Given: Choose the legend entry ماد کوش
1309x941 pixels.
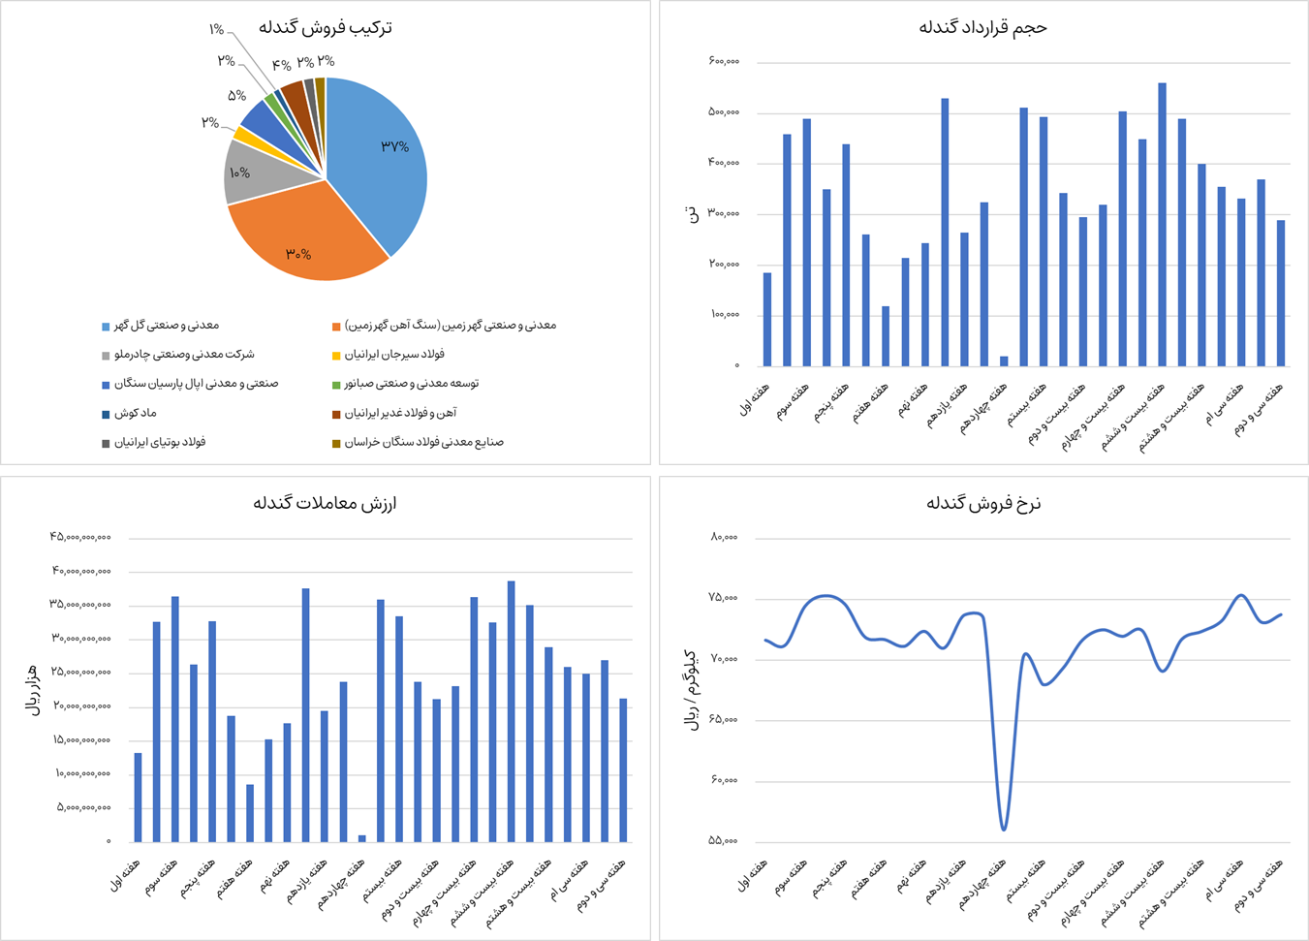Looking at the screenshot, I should (x=135, y=413).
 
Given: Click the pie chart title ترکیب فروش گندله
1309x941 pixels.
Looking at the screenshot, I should (x=326, y=27).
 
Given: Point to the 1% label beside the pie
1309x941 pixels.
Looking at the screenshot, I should (x=217, y=30).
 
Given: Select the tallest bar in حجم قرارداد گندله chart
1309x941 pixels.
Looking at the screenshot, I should (x=1162, y=224).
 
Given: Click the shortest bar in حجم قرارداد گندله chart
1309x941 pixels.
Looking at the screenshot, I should (x=1004, y=361).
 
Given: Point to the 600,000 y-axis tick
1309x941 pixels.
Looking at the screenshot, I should (x=724, y=62).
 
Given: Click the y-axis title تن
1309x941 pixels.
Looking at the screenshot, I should (x=691, y=213).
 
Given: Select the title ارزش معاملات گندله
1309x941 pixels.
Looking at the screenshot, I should (x=326, y=503).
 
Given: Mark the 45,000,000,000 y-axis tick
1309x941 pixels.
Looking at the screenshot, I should (x=80, y=537).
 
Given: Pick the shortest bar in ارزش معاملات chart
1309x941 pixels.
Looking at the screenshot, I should (x=362, y=838).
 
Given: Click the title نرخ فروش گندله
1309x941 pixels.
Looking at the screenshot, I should (x=983, y=503).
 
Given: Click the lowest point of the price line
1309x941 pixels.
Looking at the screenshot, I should (x=1004, y=829).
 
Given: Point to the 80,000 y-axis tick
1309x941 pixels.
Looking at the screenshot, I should (x=724, y=537).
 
